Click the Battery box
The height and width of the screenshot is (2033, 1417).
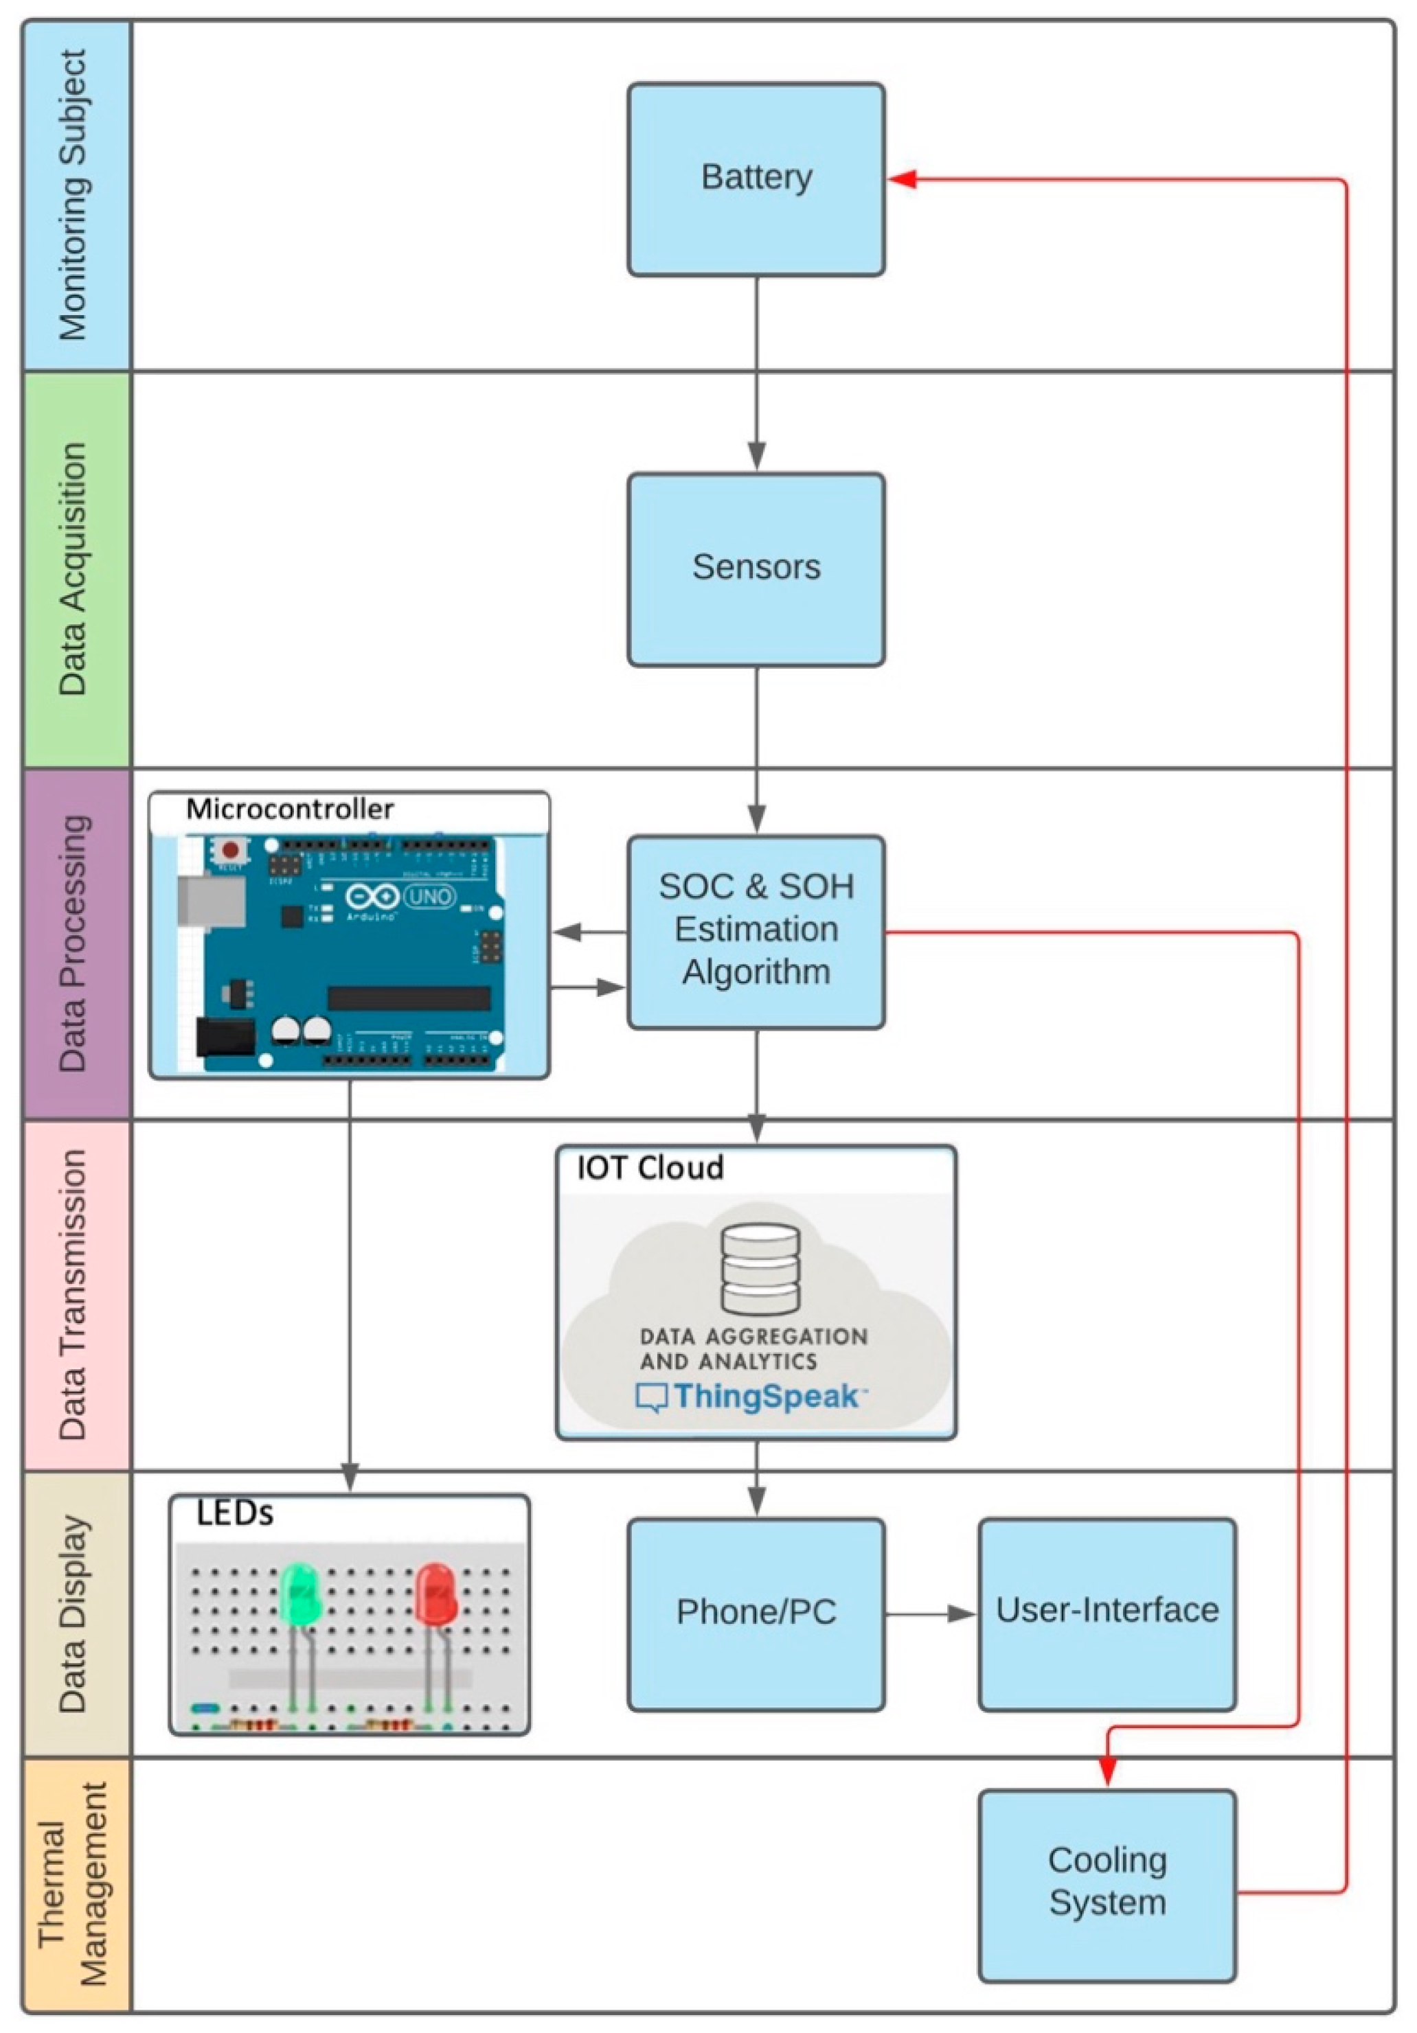pos(756,179)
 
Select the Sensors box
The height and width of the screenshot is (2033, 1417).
pos(756,568)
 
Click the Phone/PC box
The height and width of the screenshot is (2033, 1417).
pos(756,1612)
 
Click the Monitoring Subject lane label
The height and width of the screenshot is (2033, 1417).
pos(76,195)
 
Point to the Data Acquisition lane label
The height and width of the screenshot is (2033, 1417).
pos(76,569)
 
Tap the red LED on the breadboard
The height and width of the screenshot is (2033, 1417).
pos(435,1594)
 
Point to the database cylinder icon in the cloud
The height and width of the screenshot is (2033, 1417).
pos(760,1268)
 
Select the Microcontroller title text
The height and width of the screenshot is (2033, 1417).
pos(290,808)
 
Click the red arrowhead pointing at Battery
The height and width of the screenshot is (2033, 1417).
pos(902,180)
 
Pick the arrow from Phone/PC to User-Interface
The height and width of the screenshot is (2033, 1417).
pos(930,1613)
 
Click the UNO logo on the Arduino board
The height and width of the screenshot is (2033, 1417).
pos(429,897)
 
